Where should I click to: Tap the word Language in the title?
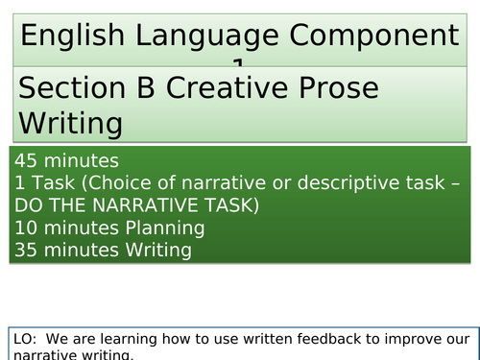208,37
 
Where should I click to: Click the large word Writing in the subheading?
70,123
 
